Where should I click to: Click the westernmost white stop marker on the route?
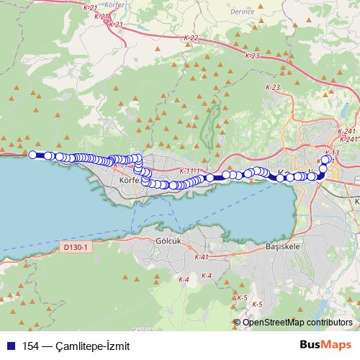coord(32,154)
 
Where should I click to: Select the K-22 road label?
coord(190,38)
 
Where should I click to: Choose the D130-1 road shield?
coord(75,247)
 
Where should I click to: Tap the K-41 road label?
coord(201,257)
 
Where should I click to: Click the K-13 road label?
coord(332,153)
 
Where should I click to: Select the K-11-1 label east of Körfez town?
coord(186,171)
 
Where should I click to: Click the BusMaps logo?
coord(325,345)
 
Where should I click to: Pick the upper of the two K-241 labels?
coord(346,131)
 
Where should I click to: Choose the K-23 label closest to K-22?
coord(251,55)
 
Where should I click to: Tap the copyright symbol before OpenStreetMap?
coord(238,322)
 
